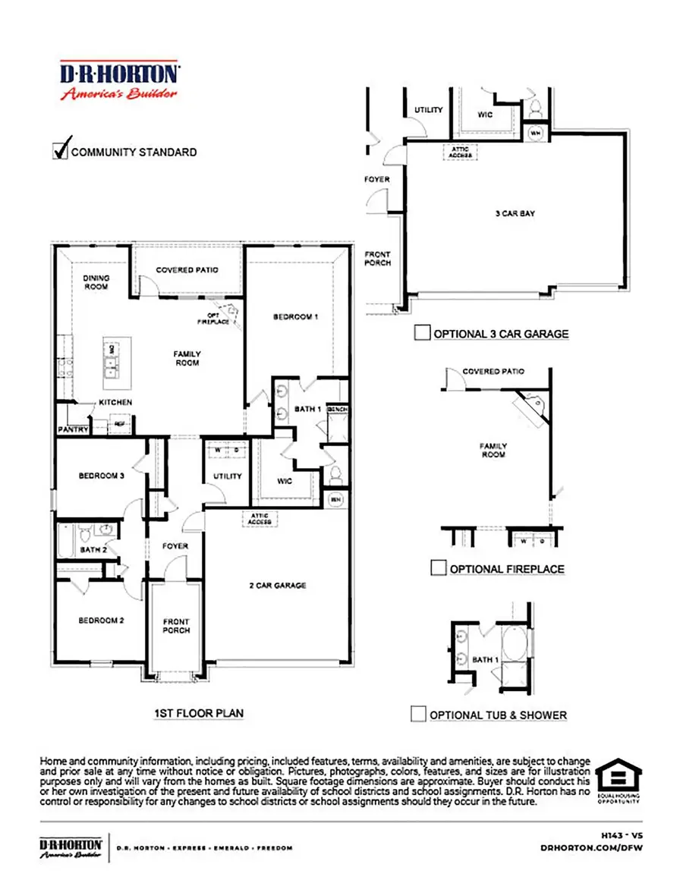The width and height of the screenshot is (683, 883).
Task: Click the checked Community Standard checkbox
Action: coord(60,151)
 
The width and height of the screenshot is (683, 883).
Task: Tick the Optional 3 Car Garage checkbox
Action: coord(422,332)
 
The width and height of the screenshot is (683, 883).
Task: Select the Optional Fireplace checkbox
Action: coord(437,568)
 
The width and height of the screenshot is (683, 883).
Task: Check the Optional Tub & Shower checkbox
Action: coord(418,714)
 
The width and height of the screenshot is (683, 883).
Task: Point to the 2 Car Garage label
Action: coord(278,585)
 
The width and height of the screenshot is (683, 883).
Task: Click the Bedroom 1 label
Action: coord(295,316)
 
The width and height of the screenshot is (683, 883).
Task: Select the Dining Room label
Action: coord(96,283)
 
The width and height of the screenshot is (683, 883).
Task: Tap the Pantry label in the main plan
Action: coord(74,429)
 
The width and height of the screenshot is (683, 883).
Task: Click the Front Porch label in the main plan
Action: coord(176,626)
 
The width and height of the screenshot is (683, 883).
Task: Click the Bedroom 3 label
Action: coord(101,476)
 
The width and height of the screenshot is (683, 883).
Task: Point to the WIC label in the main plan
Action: coord(285,480)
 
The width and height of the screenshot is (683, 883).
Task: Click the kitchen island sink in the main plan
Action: coord(112,369)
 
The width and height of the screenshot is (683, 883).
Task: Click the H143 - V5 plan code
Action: coord(622,834)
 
